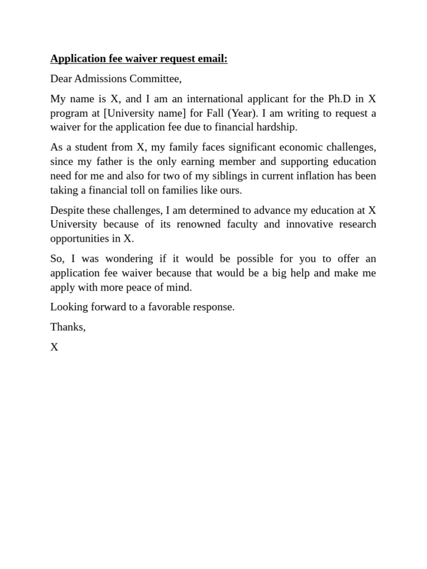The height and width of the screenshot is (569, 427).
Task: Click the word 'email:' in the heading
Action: tap(211, 59)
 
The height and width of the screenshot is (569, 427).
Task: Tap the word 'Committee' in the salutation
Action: tap(155, 79)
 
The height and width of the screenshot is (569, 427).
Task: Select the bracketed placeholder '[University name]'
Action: tap(145, 113)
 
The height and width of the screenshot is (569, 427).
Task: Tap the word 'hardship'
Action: tap(277, 127)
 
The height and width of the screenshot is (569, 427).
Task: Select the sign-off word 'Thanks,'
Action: tap(68, 327)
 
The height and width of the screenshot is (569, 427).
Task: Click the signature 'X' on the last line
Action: tap(54, 347)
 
